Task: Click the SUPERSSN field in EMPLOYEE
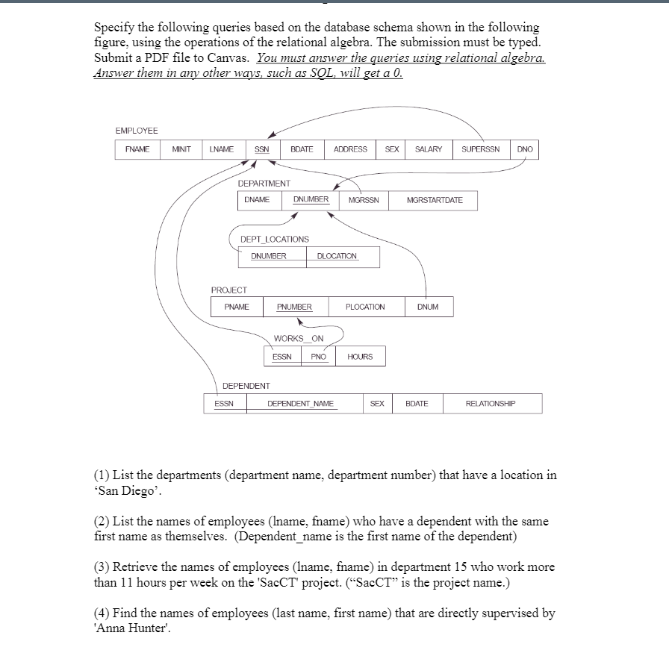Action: [485, 149]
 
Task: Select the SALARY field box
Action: [429, 149]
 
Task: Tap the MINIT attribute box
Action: [182, 149]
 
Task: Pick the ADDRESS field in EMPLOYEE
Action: [350, 149]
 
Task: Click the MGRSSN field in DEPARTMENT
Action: [364, 200]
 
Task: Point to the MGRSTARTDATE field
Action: [435, 200]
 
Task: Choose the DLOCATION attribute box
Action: [337, 256]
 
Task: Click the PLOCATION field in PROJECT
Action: [365, 307]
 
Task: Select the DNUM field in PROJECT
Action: [429, 307]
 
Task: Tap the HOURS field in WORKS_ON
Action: [360, 357]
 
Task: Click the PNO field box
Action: [319, 357]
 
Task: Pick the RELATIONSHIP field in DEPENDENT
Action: [491, 404]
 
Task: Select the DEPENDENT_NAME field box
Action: [301, 404]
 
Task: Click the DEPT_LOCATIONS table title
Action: [274, 239]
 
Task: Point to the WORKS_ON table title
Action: [299, 339]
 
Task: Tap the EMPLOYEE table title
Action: [137, 131]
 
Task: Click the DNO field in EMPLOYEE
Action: [525, 149]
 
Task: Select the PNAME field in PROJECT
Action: [237, 307]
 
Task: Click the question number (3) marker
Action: [102, 567]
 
